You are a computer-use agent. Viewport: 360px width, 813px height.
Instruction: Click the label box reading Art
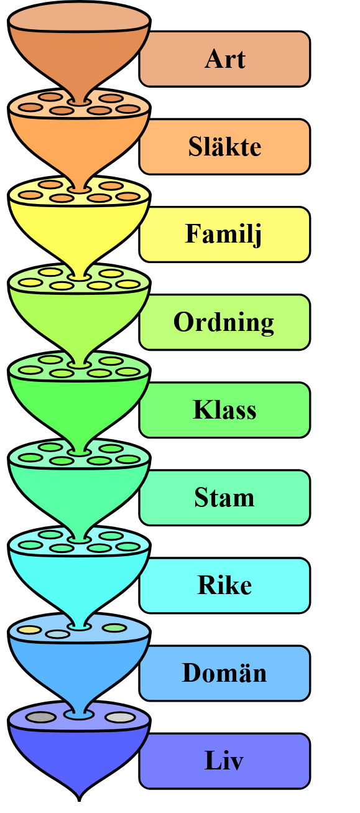[x=224, y=59]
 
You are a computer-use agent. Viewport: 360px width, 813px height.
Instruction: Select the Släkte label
[x=224, y=147]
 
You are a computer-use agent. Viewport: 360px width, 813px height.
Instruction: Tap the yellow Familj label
[x=224, y=235]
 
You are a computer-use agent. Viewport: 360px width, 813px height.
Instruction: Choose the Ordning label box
[x=224, y=322]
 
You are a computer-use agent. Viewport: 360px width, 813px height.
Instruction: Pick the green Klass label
[x=224, y=410]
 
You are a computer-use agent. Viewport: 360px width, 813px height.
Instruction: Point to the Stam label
[x=224, y=498]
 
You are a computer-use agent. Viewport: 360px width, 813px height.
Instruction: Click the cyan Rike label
[x=224, y=585]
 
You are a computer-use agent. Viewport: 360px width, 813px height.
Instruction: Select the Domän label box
[x=224, y=673]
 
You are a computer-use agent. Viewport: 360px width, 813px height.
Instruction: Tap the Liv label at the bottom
[x=224, y=761]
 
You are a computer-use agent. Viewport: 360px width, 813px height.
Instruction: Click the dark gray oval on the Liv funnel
[x=41, y=717]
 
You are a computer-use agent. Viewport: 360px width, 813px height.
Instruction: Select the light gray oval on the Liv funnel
[x=120, y=717]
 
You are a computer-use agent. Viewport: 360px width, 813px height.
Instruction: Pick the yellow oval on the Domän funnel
[x=29, y=629]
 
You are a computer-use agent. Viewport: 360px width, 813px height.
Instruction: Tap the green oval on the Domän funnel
[x=114, y=628]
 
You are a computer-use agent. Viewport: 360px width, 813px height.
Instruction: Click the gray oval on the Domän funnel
[x=58, y=634]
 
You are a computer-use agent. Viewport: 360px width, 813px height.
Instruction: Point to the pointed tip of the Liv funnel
[x=79, y=798]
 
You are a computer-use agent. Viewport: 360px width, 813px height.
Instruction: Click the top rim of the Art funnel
[x=79, y=19]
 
